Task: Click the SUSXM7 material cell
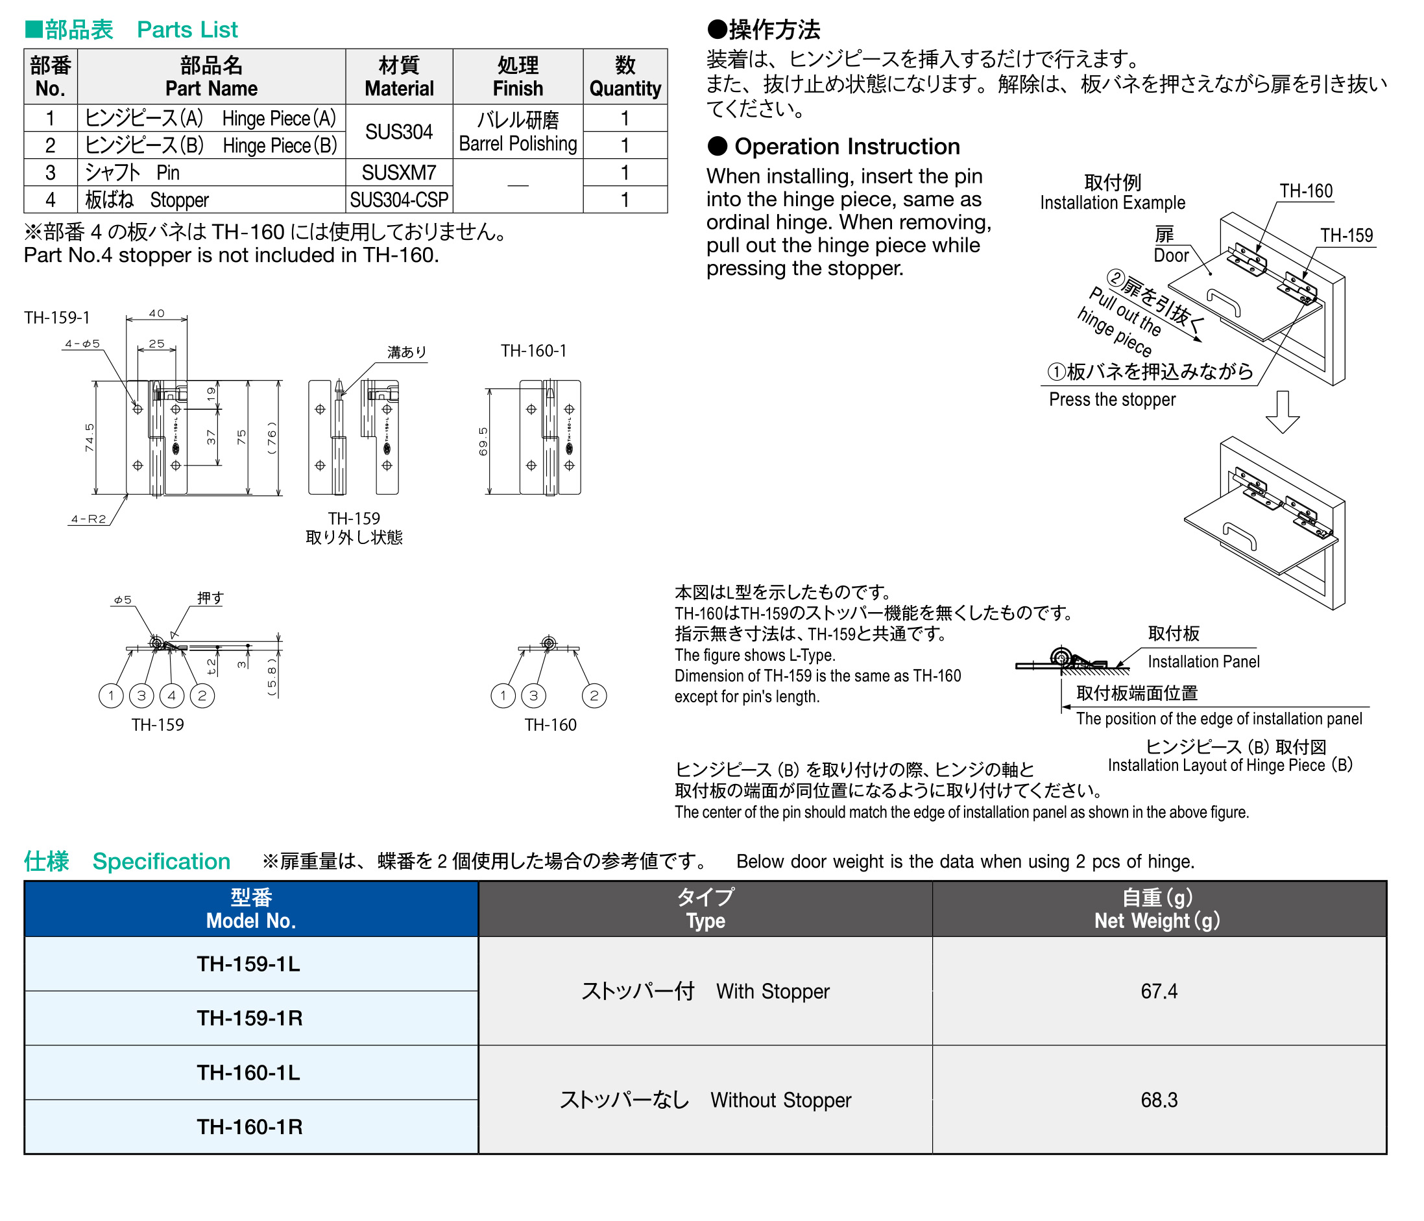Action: [x=398, y=172]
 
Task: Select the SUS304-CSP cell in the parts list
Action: [x=398, y=200]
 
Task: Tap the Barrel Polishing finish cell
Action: [x=518, y=132]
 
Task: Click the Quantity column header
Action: [x=625, y=77]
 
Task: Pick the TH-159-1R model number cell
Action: [x=250, y=1017]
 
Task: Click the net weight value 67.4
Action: [x=1159, y=991]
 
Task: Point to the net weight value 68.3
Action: [x=1159, y=1099]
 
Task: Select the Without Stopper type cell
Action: [x=705, y=1099]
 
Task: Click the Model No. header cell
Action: [x=251, y=909]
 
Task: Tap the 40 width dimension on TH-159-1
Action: [x=157, y=313]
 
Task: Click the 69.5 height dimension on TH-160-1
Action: [x=483, y=441]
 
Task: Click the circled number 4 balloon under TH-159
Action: [x=171, y=695]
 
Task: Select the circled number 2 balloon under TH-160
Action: [x=594, y=695]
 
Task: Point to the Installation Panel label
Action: [x=1203, y=661]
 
